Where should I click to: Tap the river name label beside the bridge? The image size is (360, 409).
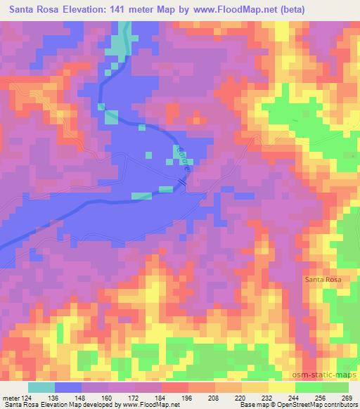pyautogui.click(x=184, y=159)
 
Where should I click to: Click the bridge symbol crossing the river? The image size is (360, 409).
pyautogui.click(x=182, y=181)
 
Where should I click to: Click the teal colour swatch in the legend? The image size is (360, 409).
pyautogui.click(x=41, y=387)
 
